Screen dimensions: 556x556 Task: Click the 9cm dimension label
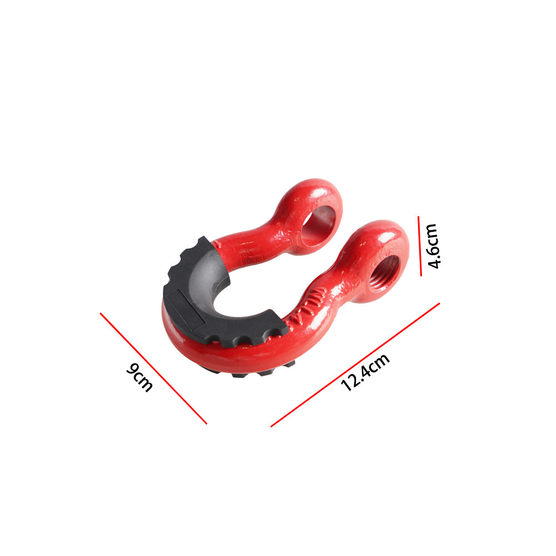coord(140,377)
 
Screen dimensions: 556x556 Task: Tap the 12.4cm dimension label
coord(365,373)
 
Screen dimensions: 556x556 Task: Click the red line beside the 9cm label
coord(153,368)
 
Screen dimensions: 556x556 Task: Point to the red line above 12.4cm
coord(355,365)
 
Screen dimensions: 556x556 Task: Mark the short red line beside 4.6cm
coord(419,246)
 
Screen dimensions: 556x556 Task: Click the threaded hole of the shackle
coord(384,272)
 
